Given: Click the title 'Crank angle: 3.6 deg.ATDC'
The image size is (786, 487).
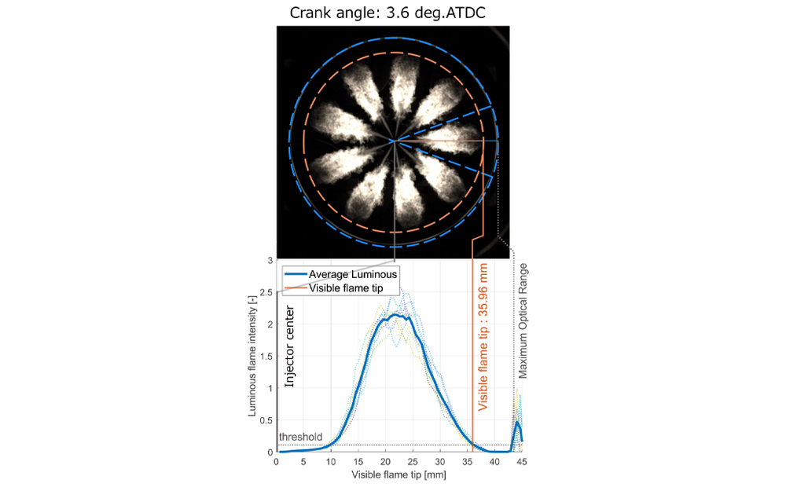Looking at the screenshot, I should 393,13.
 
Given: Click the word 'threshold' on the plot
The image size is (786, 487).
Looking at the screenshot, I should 300,437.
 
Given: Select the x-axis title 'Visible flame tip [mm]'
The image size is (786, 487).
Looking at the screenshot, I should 399,476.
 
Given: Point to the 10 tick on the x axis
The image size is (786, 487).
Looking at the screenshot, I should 331,462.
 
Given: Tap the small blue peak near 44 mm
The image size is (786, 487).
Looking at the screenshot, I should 517,423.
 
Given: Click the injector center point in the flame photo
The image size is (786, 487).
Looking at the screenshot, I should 393,141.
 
